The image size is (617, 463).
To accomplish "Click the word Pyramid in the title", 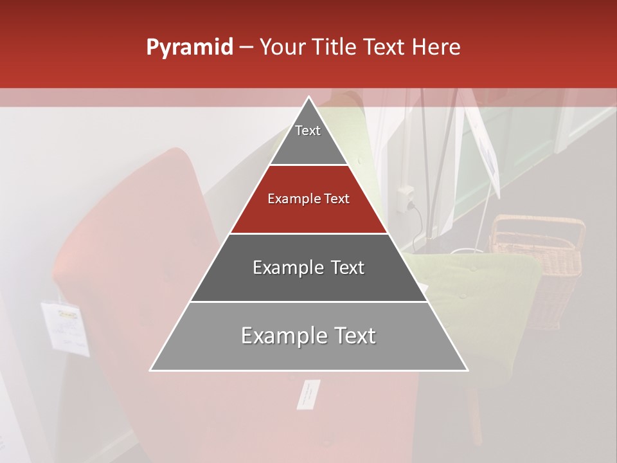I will (x=189, y=48).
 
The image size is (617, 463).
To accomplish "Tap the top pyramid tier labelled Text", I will (x=308, y=138).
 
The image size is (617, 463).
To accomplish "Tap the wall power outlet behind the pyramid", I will (x=406, y=197).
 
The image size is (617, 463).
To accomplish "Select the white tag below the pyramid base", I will (x=308, y=394).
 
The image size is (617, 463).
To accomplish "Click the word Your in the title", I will (x=282, y=48).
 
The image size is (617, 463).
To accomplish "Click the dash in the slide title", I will (x=246, y=48).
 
